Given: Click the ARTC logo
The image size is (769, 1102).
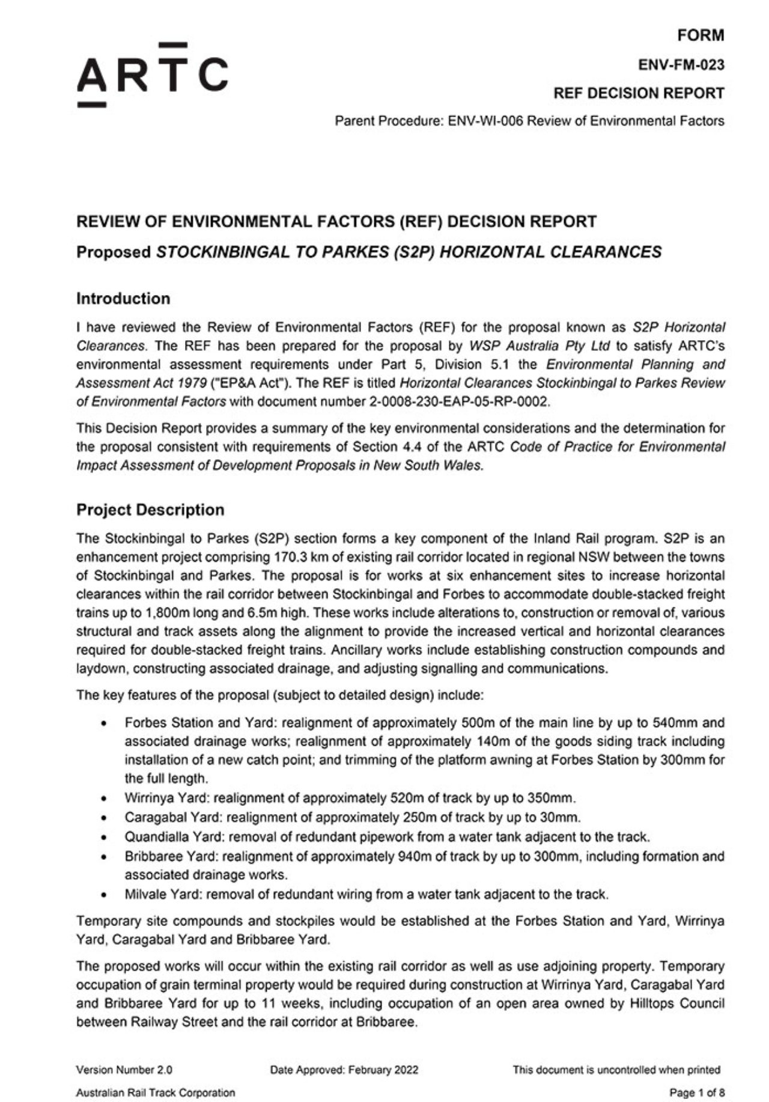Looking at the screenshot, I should coord(152,75).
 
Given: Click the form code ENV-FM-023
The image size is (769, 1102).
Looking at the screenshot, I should coord(681,64).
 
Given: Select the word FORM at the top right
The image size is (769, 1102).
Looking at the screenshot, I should coord(701,35).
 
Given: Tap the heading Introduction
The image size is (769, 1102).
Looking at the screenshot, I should coord(123,299).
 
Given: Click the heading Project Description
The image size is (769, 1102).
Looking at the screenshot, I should coord(150,510).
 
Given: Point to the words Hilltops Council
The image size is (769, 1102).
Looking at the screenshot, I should coord(678,1003).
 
